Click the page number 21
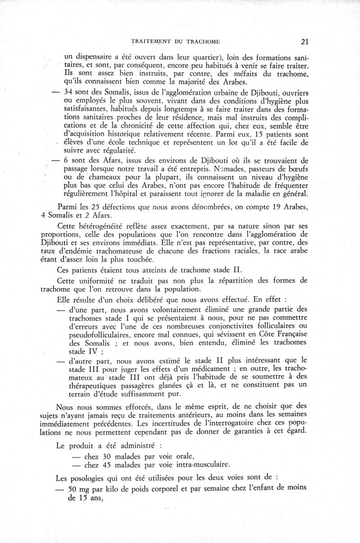coord(304,42)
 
